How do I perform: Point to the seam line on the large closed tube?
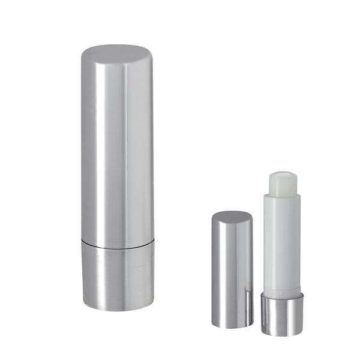[x=117, y=245]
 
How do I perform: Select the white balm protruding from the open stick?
[x=284, y=182]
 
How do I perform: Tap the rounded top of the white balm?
[x=284, y=175]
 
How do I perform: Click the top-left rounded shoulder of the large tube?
[x=85, y=54]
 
